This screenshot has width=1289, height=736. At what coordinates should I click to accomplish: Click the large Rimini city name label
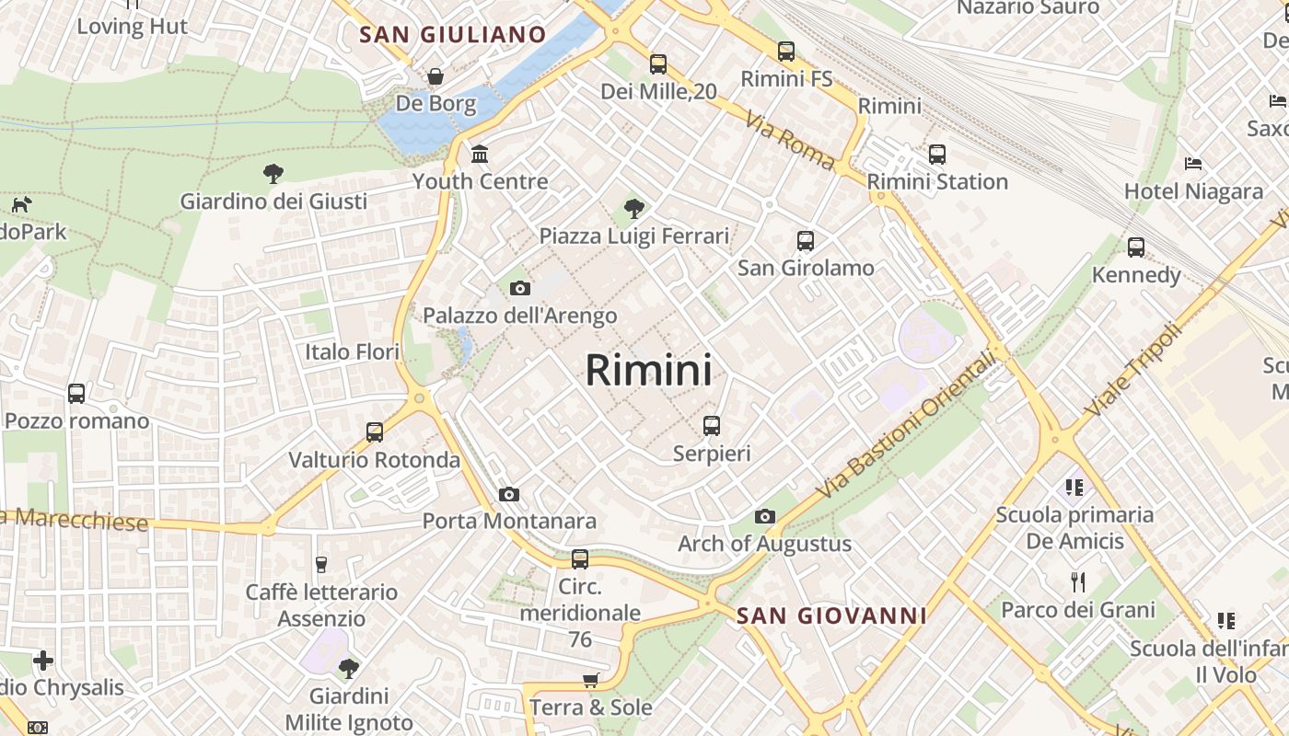click(648, 370)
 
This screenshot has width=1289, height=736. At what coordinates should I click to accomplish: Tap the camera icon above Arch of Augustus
click(765, 517)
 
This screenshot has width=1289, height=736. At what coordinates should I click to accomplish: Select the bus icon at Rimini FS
click(786, 52)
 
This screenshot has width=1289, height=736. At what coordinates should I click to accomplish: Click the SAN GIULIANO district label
click(453, 35)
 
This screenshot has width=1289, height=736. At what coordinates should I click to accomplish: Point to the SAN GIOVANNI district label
click(831, 615)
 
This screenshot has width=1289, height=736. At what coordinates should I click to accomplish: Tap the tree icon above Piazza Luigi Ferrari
click(633, 209)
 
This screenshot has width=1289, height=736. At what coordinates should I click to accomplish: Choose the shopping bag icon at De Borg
click(435, 76)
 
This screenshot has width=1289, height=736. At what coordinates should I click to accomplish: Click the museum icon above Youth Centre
click(480, 154)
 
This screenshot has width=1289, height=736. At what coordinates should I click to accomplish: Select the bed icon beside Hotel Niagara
click(1193, 165)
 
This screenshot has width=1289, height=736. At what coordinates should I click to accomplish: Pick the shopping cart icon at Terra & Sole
click(590, 681)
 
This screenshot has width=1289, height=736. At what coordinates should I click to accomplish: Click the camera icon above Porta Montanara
click(509, 495)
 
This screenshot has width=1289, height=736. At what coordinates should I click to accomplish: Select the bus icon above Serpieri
click(712, 426)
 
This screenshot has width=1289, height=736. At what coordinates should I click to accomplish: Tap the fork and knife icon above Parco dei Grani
click(1078, 582)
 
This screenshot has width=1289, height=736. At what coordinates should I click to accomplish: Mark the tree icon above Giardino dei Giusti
click(273, 173)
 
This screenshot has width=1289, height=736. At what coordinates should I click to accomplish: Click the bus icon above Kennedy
click(1136, 247)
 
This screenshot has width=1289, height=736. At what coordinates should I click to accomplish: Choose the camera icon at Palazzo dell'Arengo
click(520, 289)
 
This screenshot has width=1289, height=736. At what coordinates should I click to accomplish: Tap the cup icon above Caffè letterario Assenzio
click(321, 565)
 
